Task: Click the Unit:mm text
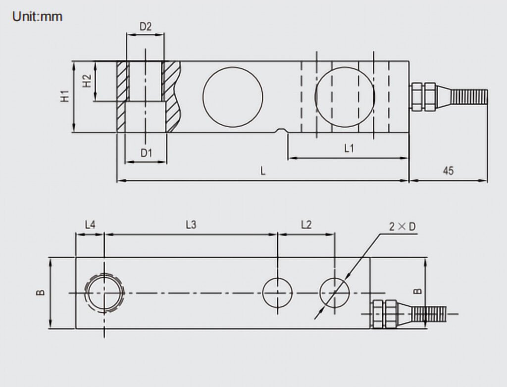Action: (x=37, y=16)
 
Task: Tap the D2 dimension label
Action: (x=146, y=26)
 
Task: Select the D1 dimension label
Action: (x=147, y=152)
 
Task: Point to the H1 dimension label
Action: (x=65, y=97)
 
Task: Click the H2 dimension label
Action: (x=87, y=81)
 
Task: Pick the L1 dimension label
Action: (x=349, y=148)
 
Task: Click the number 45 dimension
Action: (x=448, y=170)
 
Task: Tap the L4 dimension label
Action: (x=90, y=224)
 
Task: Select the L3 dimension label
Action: (x=191, y=224)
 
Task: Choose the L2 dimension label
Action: (x=306, y=224)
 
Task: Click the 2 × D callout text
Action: (x=403, y=227)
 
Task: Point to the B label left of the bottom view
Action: (x=41, y=292)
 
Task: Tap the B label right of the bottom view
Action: (x=418, y=291)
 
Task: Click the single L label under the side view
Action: (x=263, y=171)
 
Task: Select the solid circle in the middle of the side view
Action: (x=233, y=97)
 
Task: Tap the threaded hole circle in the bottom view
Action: (x=104, y=293)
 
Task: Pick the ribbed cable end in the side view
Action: (x=469, y=97)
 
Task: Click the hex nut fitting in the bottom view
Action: (x=384, y=314)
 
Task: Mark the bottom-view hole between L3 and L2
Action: (x=277, y=292)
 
